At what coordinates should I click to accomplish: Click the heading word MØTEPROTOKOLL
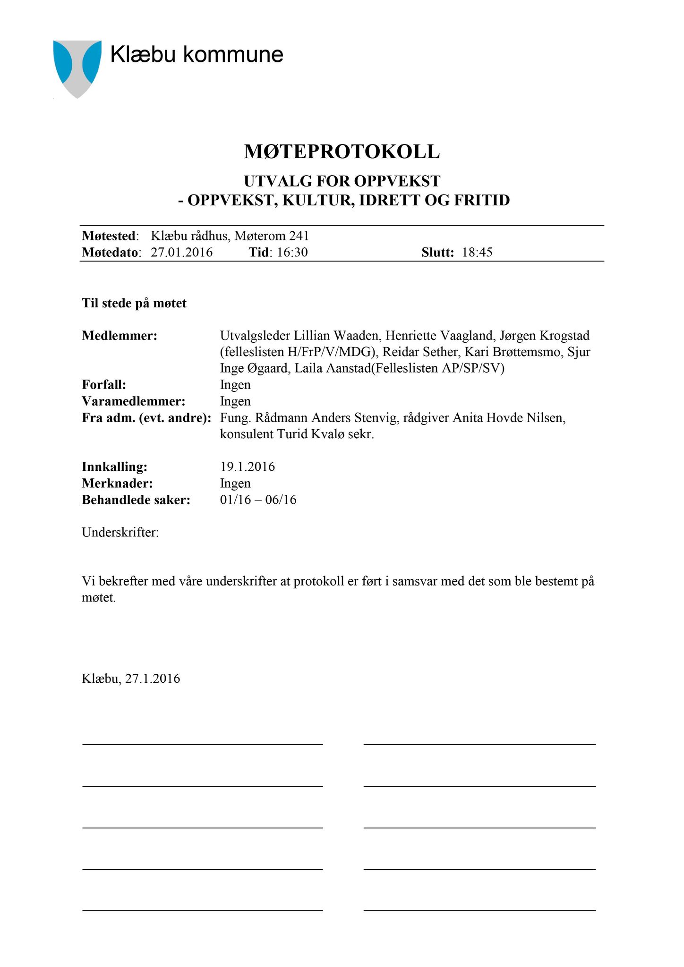pyautogui.click(x=342, y=152)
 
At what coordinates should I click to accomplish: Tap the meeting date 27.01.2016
pyautogui.click(x=182, y=252)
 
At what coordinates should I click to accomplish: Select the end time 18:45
pyautogui.click(x=477, y=252)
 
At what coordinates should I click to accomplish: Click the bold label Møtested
pyautogui.click(x=109, y=236)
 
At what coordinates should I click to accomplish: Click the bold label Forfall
pyautogui.click(x=104, y=385)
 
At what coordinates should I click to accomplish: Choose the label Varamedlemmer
pyautogui.click(x=134, y=401)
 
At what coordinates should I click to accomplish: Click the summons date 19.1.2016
pyautogui.click(x=248, y=467)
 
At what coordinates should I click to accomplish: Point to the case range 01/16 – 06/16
pyautogui.click(x=258, y=500)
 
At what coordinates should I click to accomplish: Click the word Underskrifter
pyautogui.click(x=120, y=533)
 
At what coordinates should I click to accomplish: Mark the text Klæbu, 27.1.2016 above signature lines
pyautogui.click(x=131, y=679)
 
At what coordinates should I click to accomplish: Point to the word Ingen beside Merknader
pyautogui.click(x=235, y=483)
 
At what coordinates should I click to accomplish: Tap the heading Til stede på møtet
pyautogui.click(x=134, y=303)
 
